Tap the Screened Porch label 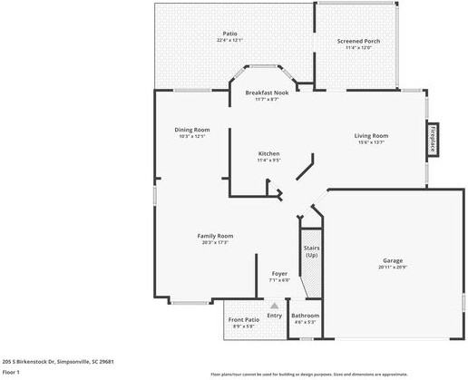(x=358, y=41)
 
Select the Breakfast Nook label (x=267, y=93)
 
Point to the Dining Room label (x=192, y=130)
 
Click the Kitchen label (x=268, y=153)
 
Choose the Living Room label (x=371, y=136)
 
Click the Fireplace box (x=433, y=139)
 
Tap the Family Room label (x=216, y=236)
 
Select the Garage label (x=393, y=260)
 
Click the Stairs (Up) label (x=311, y=251)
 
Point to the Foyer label (x=279, y=273)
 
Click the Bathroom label (x=305, y=316)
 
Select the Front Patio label (x=244, y=320)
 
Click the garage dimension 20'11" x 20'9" (x=393, y=267)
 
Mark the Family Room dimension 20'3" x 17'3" (x=216, y=242)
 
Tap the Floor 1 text (x=11, y=372)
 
